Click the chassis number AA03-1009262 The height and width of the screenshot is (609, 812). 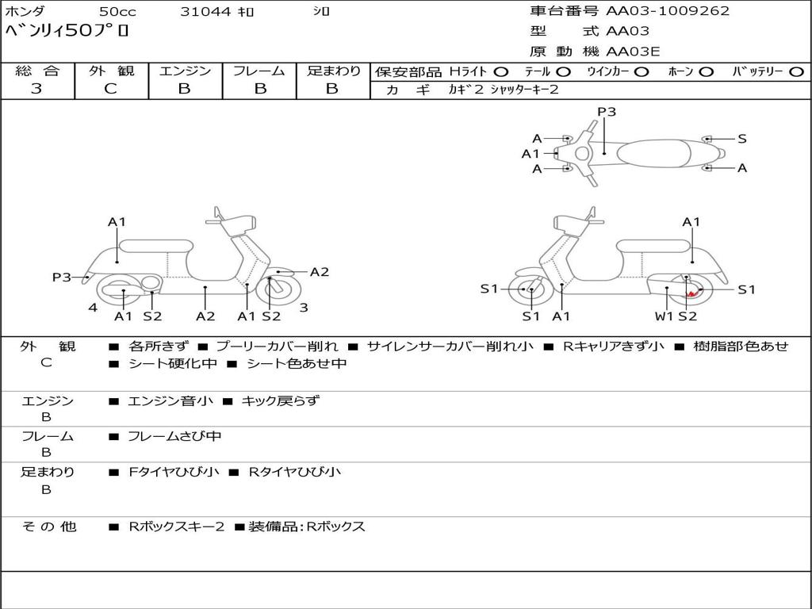click(668, 11)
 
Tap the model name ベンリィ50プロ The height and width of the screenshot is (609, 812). click(67, 32)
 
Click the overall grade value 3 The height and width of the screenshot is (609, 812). click(36, 89)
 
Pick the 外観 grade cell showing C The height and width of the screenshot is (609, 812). click(111, 89)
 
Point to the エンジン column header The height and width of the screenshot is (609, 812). click(185, 71)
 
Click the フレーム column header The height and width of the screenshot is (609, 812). click(259, 71)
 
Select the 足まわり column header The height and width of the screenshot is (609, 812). click(333, 71)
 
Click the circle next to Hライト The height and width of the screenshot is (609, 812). click(500, 71)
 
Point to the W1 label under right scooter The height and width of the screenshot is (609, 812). click(664, 316)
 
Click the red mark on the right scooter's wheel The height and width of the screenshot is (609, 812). click(692, 294)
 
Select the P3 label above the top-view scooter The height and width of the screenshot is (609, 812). click(607, 112)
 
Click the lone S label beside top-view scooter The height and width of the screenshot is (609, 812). click(742, 139)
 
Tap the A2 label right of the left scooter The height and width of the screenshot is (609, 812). click(319, 272)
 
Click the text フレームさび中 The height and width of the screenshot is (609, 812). click(174, 436)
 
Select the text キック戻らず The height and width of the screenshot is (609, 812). click(280, 401)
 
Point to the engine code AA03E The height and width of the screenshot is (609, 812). click(633, 52)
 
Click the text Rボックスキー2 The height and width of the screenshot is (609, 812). click(176, 527)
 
